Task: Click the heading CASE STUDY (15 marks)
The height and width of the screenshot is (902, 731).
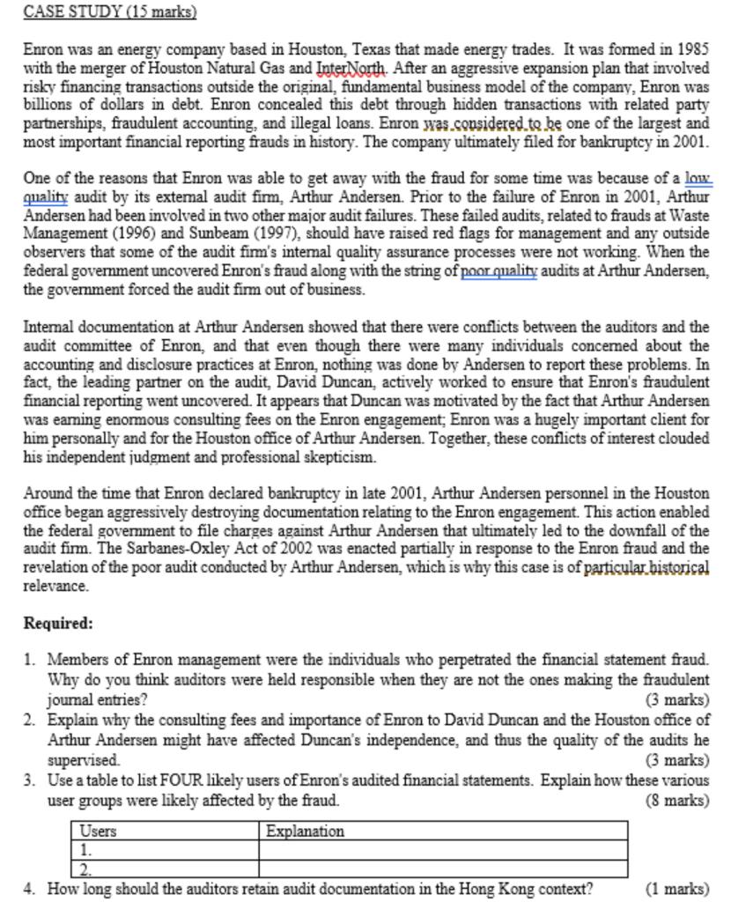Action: pyautogui.click(x=109, y=12)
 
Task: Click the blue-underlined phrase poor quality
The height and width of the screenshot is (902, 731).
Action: pyautogui.click(x=499, y=271)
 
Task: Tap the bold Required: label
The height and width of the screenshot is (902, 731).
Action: pyautogui.click(x=58, y=624)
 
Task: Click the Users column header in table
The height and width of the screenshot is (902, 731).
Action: pyautogui.click(x=99, y=831)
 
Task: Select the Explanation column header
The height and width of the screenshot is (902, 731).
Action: pyautogui.click(x=305, y=831)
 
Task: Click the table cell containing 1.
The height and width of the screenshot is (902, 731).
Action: pyautogui.click(x=165, y=850)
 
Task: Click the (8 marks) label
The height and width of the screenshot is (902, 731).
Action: pyautogui.click(x=677, y=800)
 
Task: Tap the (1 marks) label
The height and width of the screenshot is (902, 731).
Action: pyautogui.click(x=677, y=888)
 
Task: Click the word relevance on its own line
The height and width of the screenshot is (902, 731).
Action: pyautogui.click(x=56, y=586)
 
